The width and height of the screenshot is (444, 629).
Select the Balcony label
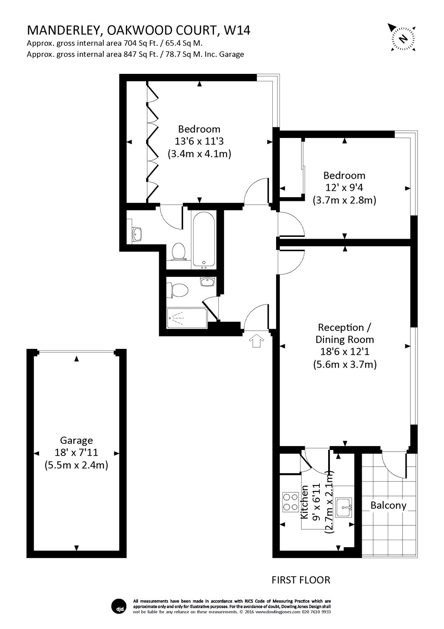coord(388,505)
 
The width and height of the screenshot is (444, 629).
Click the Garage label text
coord(76,440)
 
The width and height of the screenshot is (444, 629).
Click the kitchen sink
coord(345,507)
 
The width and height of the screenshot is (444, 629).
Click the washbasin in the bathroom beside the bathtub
coord(137,234)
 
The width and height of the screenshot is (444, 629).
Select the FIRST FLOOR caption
coord(301,580)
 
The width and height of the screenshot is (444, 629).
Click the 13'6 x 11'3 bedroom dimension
coord(199,141)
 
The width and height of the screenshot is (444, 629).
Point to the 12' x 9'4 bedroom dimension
coord(344,188)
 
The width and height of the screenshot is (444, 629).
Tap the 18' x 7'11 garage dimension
coord(76,453)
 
